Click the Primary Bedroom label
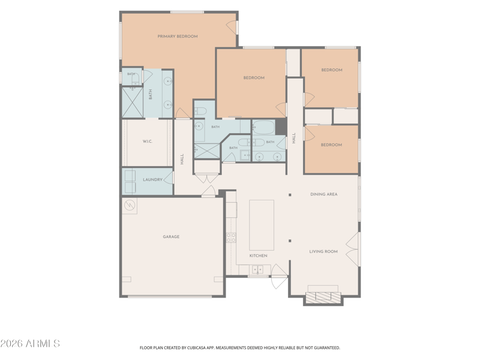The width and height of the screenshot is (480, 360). [178, 37]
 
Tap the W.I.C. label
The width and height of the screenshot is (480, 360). [148, 142]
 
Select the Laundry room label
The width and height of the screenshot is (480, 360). [153, 179]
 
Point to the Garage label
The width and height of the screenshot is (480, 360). [171, 236]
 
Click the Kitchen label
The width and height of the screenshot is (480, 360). [259, 256]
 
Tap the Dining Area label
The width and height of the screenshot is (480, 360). [324, 194]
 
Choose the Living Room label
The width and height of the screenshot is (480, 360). [323, 251]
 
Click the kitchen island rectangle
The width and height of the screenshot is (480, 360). [262, 226]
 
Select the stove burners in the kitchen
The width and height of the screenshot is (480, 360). [231, 238]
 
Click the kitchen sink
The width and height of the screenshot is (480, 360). [257, 269]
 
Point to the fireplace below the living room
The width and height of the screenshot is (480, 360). [323, 298]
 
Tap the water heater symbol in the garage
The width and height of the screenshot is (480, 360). [129, 205]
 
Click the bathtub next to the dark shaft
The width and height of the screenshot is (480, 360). [263, 127]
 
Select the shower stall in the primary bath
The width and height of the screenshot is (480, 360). [133, 103]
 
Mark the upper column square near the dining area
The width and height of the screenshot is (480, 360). [290, 194]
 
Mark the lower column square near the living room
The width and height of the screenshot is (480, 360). [290, 241]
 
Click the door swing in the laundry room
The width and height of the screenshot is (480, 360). [169, 178]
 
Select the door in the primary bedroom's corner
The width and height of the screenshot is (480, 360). [232, 25]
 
